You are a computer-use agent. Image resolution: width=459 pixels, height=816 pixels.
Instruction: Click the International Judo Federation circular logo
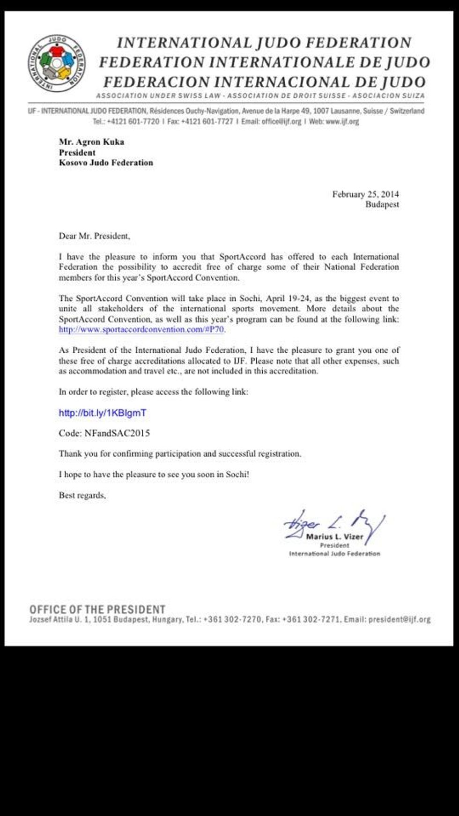(57, 63)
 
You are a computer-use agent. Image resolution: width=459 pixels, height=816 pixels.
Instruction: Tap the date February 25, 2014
(365, 194)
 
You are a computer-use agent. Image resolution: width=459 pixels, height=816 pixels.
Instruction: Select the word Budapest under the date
(382, 204)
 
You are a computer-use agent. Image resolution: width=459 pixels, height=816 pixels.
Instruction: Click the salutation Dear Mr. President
(94, 236)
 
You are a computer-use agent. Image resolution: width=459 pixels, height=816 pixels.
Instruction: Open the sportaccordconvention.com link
(141, 329)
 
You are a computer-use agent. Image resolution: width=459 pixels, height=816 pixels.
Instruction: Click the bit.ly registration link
(103, 413)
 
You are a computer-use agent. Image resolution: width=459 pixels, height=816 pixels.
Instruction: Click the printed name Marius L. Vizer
(334, 537)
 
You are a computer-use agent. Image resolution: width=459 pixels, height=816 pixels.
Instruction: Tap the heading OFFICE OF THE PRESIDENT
(97, 609)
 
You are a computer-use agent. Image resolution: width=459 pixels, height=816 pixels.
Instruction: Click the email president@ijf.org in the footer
(400, 619)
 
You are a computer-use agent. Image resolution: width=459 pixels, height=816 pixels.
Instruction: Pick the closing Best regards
(82, 495)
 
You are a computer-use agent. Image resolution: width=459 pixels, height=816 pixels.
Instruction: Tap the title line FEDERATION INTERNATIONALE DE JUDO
(264, 62)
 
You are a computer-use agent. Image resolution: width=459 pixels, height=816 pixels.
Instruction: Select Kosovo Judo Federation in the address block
(106, 163)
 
